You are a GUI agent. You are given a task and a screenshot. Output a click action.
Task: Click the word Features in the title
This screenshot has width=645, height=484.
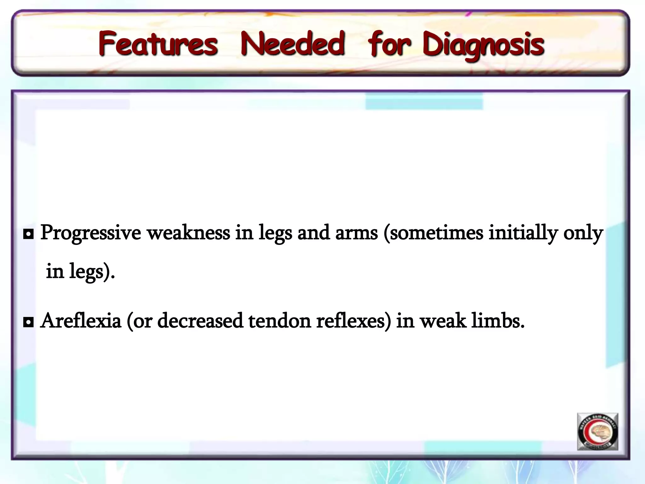158,44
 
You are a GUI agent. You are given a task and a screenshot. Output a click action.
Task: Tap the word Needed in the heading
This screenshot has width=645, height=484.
293,44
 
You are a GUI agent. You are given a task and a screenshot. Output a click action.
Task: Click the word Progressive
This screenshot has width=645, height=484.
91,233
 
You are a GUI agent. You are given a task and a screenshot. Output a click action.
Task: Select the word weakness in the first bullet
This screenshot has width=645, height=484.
189,233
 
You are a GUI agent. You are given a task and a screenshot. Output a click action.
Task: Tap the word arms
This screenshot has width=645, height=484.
356,233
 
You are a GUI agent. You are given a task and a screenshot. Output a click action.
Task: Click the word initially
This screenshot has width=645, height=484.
523,233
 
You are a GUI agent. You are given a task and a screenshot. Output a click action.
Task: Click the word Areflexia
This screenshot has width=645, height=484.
81,321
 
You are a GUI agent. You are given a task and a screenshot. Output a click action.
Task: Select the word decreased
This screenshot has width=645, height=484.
200,321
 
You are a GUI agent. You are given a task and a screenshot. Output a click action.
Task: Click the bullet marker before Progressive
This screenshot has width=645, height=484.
28,234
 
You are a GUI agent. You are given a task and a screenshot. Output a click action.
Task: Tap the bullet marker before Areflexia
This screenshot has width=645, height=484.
28,322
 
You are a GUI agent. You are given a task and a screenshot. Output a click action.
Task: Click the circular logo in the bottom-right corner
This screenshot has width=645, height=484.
597,432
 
